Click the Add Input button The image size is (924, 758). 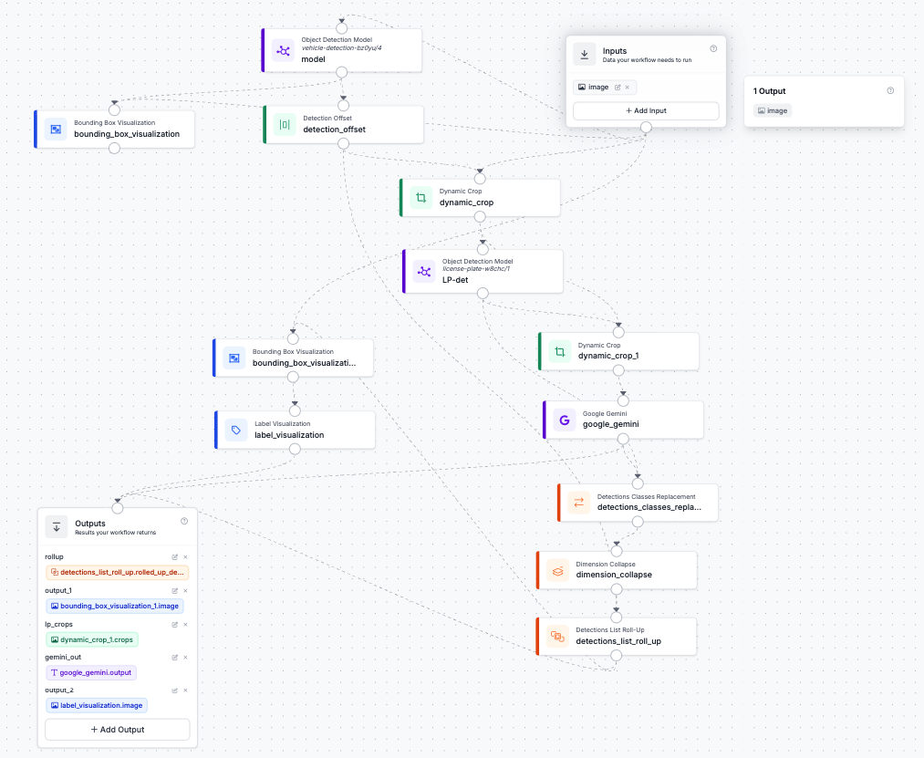tap(646, 110)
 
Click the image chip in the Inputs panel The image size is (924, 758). tap(594, 88)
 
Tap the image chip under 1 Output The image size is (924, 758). tap(773, 110)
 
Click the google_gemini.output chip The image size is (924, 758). tap(90, 672)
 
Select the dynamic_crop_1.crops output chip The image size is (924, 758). tap(91, 639)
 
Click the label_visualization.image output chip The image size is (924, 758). tap(96, 705)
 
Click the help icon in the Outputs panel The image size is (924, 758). tap(184, 521)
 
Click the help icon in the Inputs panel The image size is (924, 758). tap(713, 49)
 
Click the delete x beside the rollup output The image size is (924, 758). tap(185, 556)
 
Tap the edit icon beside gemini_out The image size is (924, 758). tap(174, 657)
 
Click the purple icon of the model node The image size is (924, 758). tap(284, 51)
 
